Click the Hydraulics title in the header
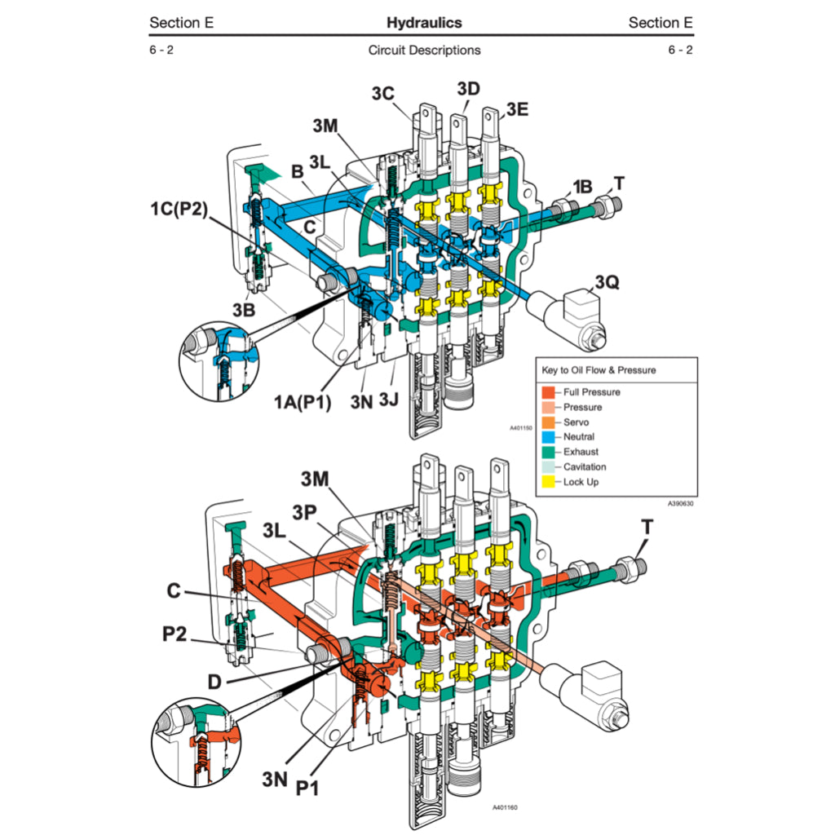[423, 23]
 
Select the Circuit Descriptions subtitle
[424, 51]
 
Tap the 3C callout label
[383, 94]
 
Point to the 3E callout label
[517, 110]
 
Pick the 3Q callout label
[607, 283]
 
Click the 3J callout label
[389, 401]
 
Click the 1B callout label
[582, 187]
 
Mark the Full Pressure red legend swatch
[549, 392]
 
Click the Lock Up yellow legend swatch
[549, 482]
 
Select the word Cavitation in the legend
[585, 467]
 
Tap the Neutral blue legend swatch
[549, 437]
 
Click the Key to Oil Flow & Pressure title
[599, 370]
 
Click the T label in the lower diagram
[647, 528]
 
